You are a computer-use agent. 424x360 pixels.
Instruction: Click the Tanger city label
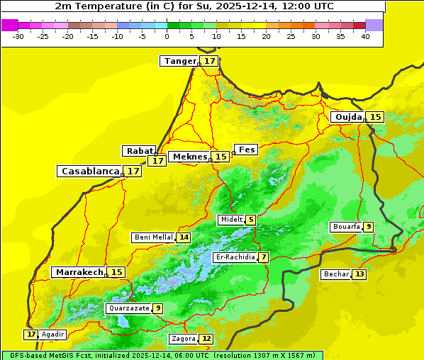click(x=179, y=61)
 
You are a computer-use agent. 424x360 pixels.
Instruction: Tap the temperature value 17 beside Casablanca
click(x=133, y=171)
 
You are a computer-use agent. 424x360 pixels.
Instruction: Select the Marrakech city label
click(x=79, y=272)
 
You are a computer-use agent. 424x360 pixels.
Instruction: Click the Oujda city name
click(x=348, y=117)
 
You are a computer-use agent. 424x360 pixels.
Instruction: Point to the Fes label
click(x=247, y=150)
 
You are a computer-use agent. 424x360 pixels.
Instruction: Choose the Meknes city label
click(x=190, y=157)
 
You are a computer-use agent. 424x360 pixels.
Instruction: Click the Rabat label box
click(x=139, y=151)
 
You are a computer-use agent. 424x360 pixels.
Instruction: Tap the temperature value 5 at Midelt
click(x=251, y=220)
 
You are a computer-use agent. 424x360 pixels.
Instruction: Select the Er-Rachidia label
click(x=235, y=257)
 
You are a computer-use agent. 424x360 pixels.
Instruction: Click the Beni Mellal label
click(x=153, y=237)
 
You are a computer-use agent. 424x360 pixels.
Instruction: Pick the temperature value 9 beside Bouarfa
click(x=369, y=227)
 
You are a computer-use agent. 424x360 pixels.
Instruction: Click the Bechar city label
click(x=336, y=274)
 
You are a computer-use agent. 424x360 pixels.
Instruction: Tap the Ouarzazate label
click(x=128, y=308)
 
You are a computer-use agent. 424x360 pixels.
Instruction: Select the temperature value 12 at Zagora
click(x=206, y=339)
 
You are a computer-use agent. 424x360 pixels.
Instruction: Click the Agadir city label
click(x=53, y=334)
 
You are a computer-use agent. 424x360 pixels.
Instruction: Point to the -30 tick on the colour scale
click(x=18, y=36)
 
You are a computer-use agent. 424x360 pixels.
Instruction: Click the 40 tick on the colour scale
click(x=365, y=36)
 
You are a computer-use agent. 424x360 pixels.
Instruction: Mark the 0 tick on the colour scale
click(x=167, y=36)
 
